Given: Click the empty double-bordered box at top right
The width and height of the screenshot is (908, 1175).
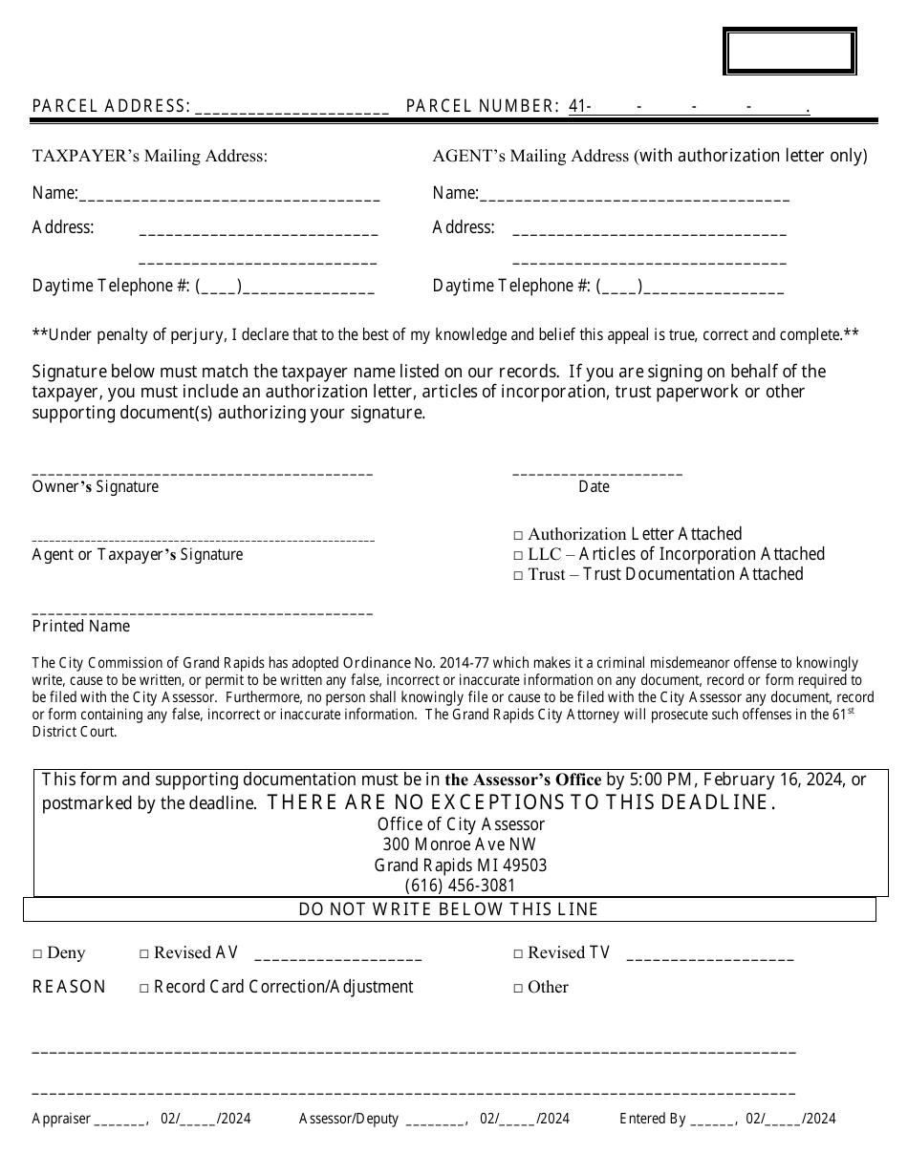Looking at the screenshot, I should click(x=789, y=53).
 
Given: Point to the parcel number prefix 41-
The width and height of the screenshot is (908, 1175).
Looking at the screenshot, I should click(x=579, y=107).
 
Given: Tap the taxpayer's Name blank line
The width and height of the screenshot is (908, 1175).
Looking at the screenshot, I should click(x=229, y=198).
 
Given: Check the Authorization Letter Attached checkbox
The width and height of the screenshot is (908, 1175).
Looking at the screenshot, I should click(x=519, y=536).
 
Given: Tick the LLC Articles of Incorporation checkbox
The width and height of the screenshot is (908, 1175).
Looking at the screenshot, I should click(x=519, y=556).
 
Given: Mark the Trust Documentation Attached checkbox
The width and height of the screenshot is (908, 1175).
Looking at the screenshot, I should click(x=519, y=576).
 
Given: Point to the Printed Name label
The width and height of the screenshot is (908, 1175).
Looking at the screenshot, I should click(x=81, y=627).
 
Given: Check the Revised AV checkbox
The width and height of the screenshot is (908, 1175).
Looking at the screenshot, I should click(x=145, y=954).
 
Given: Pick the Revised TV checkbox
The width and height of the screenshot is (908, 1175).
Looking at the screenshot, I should click(x=519, y=954).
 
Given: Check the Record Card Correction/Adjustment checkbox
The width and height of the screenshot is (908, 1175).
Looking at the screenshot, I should click(x=145, y=989).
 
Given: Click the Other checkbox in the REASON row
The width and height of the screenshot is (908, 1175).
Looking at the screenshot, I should click(x=519, y=989).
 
